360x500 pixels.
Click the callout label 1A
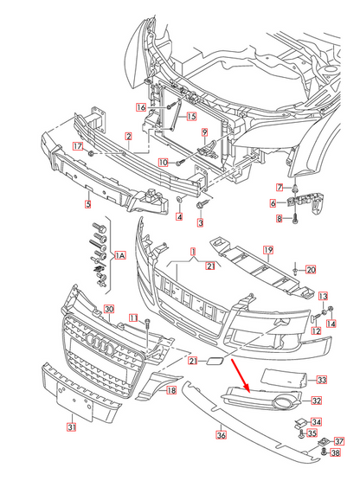pos(120,257)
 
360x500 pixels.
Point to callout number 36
pos(221,435)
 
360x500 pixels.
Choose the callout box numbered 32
pos(317,401)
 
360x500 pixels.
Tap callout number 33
pos(321,379)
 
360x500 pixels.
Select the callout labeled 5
pos(87,205)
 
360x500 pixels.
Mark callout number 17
pos(76,146)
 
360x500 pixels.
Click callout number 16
pos(140,107)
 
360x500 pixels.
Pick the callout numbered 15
pos(190,116)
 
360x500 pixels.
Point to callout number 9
pos(205,132)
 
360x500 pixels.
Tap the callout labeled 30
pos(109,309)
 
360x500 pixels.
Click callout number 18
pos(170,391)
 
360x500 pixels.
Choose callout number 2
pos(128,136)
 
